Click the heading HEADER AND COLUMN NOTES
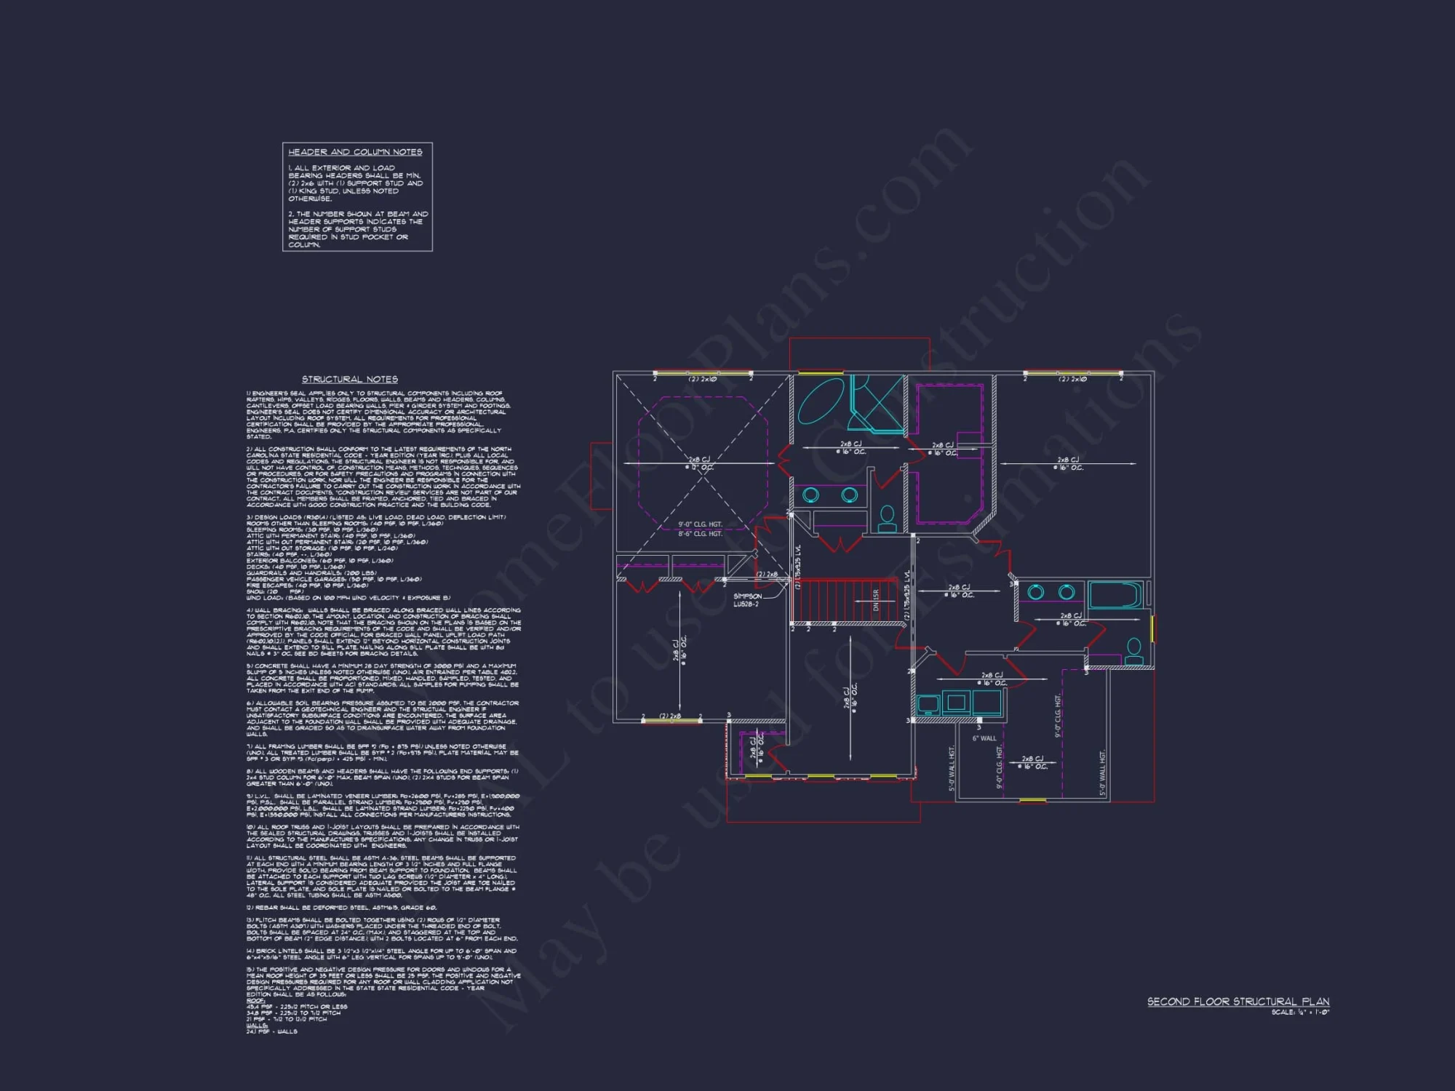[x=355, y=152]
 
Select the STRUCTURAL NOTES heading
[x=350, y=379]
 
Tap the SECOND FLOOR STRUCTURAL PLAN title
[x=1238, y=1002]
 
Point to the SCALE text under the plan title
[x=1300, y=1012]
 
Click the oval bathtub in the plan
[x=821, y=401]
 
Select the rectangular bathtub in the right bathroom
[x=1115, y=595]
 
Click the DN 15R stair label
[x=876, y=600]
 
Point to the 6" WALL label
[x=984, y=738]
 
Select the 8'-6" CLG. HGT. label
[x=700, y=534]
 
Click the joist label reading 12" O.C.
[x=700, y=468]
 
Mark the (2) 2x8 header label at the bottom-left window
[x=670, y=716]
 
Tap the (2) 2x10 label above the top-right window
[x=1072, y=379]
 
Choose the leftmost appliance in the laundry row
[x=928, y=703]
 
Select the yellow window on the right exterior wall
[x=1152, y=628]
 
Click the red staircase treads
[x=844, y=600]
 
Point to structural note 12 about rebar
[x=341, y=908]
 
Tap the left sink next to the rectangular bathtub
[x=1036, y=592]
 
